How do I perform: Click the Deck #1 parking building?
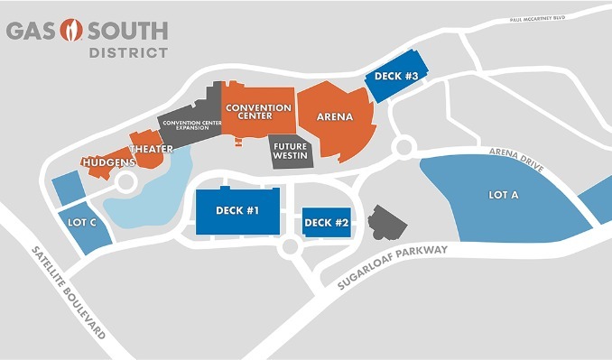238,212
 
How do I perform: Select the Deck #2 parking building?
325,222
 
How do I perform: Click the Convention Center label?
258,112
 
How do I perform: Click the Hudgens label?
108,162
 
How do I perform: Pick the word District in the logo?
127,52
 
